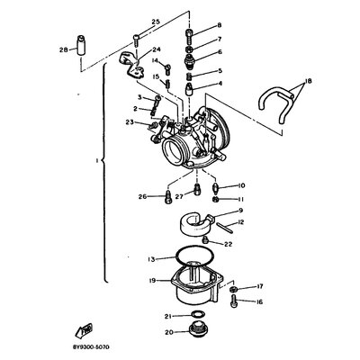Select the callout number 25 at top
[x=155, y=20]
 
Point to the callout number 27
[x=179, y=196]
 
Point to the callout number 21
[x=167, y=316]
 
